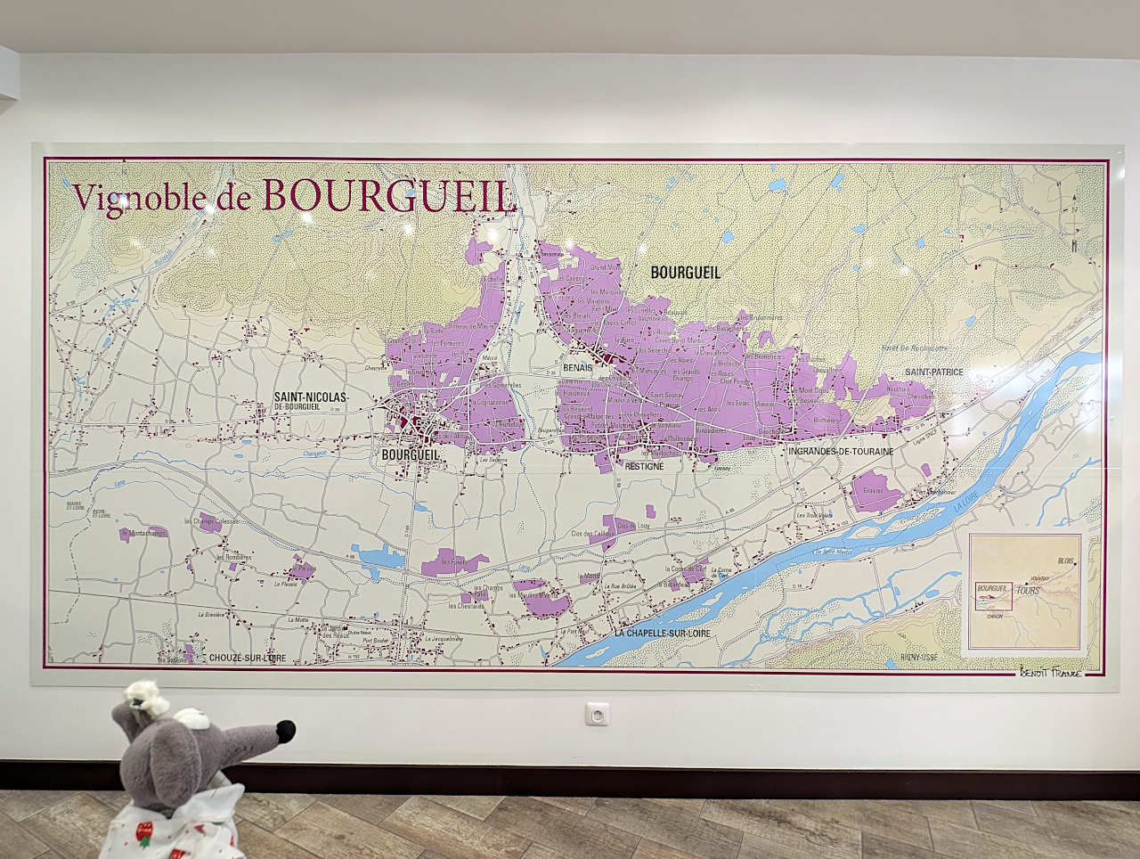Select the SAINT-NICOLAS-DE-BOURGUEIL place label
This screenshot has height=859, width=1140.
coord(311,401)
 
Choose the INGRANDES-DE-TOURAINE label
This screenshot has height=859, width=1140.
coord(840,452)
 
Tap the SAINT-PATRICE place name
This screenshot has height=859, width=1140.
coord(934,372)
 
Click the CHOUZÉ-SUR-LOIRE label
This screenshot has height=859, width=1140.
coord(248,658)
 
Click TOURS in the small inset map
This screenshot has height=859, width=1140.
coord(1027,591)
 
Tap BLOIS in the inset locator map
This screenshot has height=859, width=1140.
coord(1066,560)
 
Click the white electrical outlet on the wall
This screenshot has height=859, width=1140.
coord(595,714)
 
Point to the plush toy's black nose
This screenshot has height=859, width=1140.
coord(286,732)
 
